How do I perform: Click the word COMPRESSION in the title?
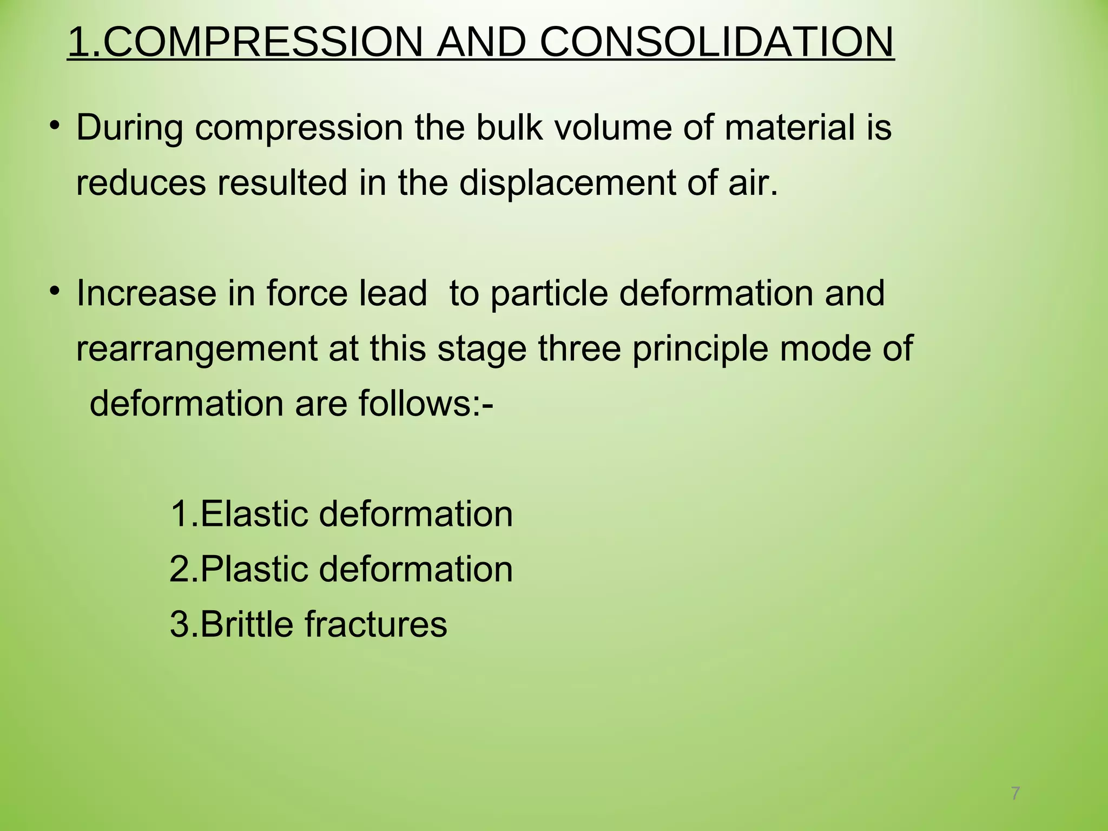click(262, 42)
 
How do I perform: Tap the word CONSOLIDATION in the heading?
click(716, 42)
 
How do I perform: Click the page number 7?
click(1015, 794)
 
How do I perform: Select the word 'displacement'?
click(568, 183)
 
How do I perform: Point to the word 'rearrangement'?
click(196, 349)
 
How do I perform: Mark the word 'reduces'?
click(141, 183)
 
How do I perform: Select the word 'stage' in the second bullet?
click(482, 349)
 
